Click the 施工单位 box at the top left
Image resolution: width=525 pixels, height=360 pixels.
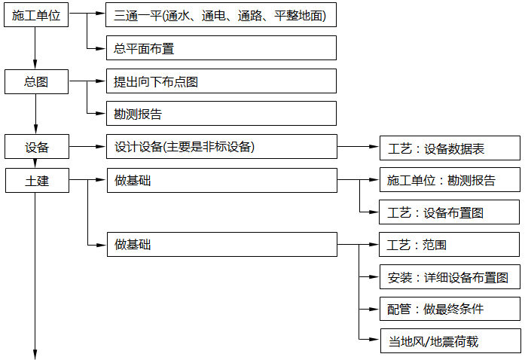[36, 15]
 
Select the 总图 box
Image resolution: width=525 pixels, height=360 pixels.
[36, 81]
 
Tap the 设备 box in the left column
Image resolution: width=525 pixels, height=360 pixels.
[36, 147]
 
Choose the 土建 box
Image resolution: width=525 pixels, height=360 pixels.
[36, 180]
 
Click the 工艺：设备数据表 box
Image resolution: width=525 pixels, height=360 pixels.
[449, 148]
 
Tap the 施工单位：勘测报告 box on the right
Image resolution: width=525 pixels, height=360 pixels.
[449, 181]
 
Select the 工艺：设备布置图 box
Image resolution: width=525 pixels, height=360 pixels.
[449, 213]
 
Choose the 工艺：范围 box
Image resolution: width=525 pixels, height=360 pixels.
[449, 245]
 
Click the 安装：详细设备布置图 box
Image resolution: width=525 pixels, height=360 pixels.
[449, 277]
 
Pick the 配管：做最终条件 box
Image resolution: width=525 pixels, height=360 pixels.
[449, 309]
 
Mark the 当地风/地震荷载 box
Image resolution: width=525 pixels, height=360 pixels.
[449, 341]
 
